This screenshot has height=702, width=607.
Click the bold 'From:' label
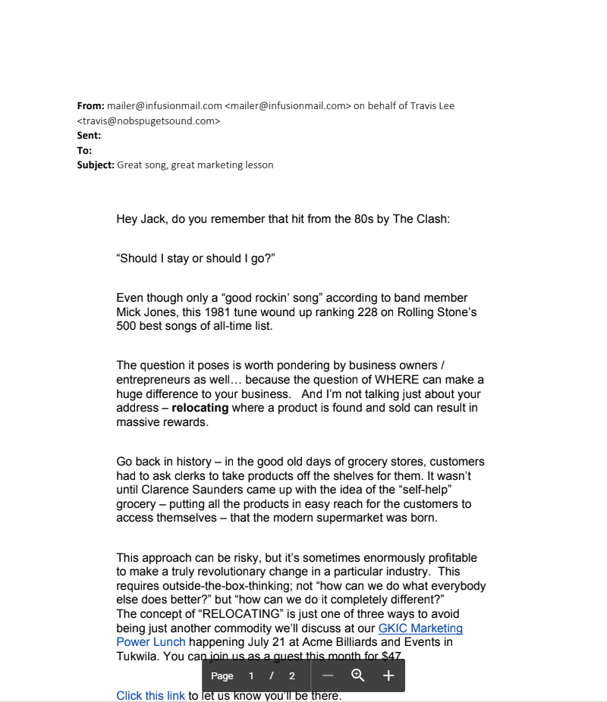[90, 105]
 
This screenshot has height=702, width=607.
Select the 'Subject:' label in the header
[96, 165]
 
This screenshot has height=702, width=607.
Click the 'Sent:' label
[89, 135]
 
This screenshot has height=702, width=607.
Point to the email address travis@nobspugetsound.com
[149, 121]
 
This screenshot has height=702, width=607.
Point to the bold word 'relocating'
[200, 408]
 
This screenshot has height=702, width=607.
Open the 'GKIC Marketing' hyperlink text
[420, 628]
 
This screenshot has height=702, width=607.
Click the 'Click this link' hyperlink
[150, 695]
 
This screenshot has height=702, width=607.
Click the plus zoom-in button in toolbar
[388, 675]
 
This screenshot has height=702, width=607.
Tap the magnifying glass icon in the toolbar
[358, 675]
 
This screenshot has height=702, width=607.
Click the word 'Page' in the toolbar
[222, 676]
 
